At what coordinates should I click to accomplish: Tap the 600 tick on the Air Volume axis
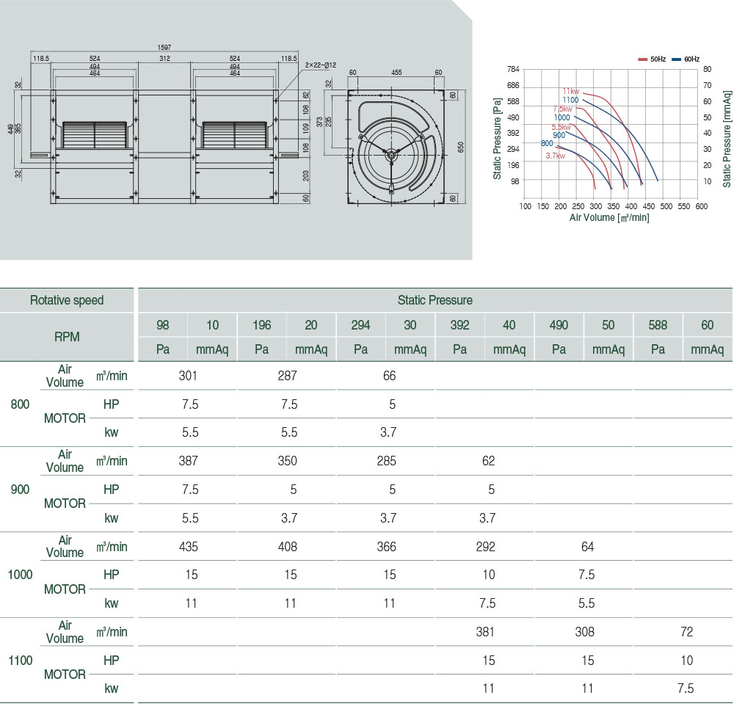coord(702,206)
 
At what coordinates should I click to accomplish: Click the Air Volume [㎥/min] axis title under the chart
coord(609,217)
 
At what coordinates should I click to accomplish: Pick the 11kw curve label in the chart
coord(571,92)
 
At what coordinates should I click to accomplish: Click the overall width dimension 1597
coord(164,47)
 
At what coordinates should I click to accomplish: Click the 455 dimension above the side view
coord(396,73)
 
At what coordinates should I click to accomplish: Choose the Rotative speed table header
coord(67,300)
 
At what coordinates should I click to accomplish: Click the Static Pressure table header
coord(435,300)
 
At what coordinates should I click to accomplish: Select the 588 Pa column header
coord(658,325)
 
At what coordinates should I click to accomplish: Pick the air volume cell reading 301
coord(188,376)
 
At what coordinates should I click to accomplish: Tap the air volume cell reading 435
coord(188,547)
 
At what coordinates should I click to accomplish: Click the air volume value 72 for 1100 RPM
coord(686,632)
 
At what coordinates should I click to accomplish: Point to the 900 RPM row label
coord(20,489)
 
